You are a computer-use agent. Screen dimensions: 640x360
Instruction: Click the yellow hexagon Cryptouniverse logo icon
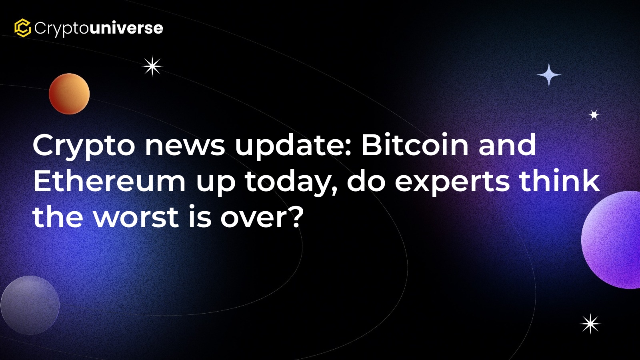[22, 28]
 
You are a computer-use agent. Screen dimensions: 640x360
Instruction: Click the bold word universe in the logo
[126, 28]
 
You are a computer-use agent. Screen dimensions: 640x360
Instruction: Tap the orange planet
[69, 94]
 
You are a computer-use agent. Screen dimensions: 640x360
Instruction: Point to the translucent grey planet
[30, 305]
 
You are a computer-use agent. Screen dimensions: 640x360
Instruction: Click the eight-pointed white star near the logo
[152, 66]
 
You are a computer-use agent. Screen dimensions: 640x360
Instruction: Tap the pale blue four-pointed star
[548, 75]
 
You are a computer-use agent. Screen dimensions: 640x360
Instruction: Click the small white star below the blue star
[594, 115]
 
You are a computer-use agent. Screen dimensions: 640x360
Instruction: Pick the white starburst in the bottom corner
[590, 324]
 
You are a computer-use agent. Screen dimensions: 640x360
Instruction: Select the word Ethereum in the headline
[110, 181]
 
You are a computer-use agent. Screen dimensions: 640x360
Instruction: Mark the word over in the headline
[251, 218]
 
